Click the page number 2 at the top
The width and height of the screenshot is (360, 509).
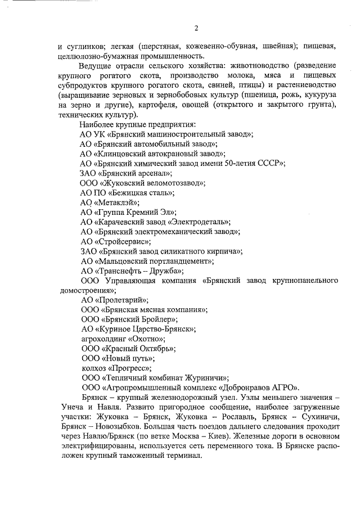point(196,29)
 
